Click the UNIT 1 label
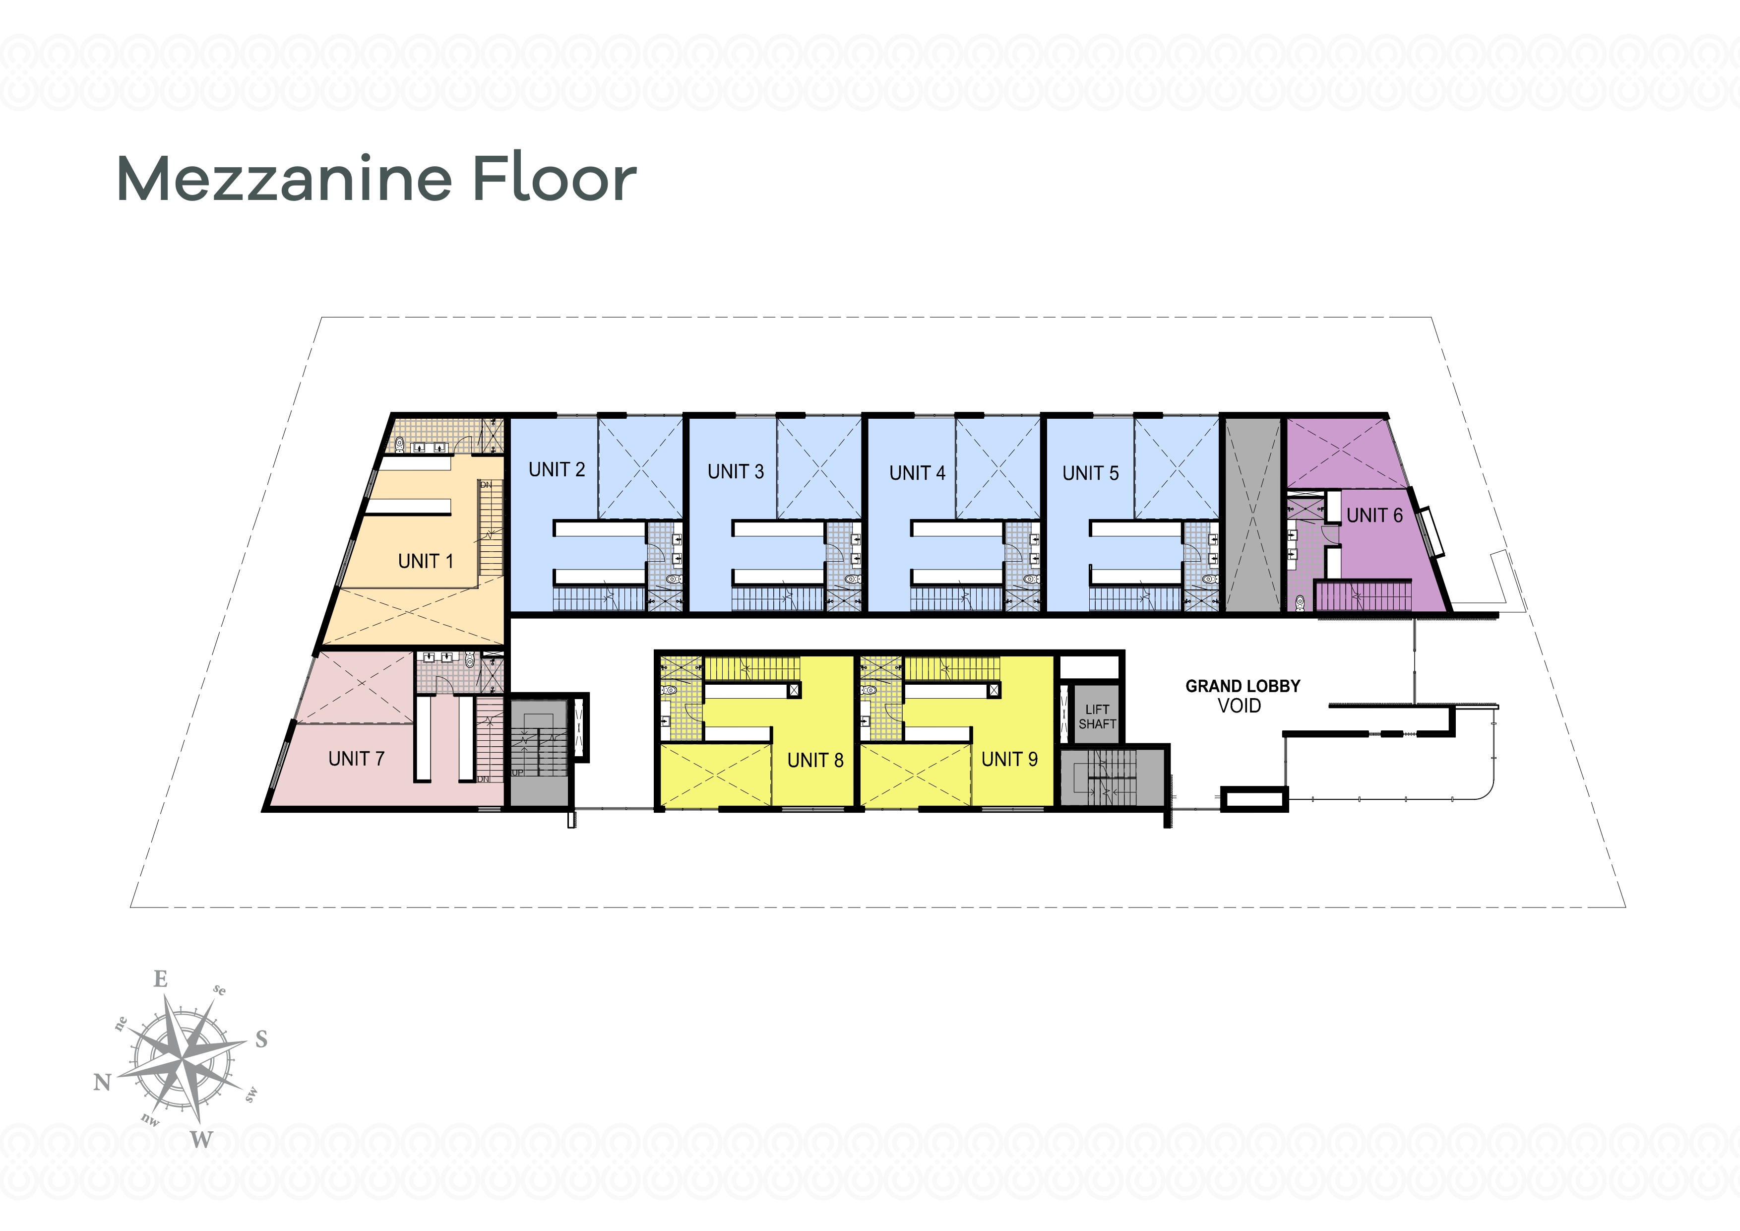tap(426, 561)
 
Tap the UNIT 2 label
tap(557, 470)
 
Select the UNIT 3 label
tap(736, 471)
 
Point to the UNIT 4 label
tap(918, 473)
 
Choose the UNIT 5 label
tap(1091, 473)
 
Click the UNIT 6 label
tap(1375, 516)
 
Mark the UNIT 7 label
tap(356, 759)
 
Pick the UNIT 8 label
tap(815, 760)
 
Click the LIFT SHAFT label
tap(1097, 717)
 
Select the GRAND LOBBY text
tap(1243, 686)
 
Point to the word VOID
tap(1240, 706)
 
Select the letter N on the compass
tap(102, 1082)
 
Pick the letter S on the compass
tap(261, 1038)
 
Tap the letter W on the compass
tap(201, 1139)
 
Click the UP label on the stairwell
tap(518, 773)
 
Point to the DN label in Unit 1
tap(486, 484)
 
